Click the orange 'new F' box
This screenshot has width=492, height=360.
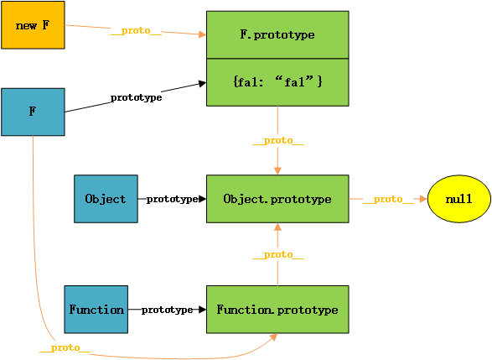point(33,25)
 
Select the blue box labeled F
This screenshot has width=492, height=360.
point(33,112)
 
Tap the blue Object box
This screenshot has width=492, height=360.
point(106,199)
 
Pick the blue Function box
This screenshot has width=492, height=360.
point(96,310)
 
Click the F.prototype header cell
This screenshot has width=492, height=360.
point(277,34)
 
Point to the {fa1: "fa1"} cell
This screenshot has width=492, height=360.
point(277,82)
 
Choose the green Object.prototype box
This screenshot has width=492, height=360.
point(277,199)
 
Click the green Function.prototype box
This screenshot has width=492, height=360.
point(277,310)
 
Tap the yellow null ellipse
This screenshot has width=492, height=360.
point(459,199)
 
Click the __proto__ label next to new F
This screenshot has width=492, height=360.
point(136,31)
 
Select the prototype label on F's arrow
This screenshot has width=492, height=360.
point(136,97)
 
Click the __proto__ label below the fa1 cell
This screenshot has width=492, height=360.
point(277,141)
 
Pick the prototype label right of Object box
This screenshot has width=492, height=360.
point(172,199)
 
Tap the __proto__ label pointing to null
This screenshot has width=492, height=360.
point(388,199)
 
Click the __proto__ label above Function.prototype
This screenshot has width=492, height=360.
point(277,255)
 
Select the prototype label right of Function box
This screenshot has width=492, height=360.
point(168,310)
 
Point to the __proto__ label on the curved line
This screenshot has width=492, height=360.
point(65,347)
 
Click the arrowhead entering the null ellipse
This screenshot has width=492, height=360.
point(423,199)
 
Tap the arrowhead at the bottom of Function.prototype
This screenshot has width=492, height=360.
point(273,337)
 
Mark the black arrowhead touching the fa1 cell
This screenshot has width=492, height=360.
point(202,84)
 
